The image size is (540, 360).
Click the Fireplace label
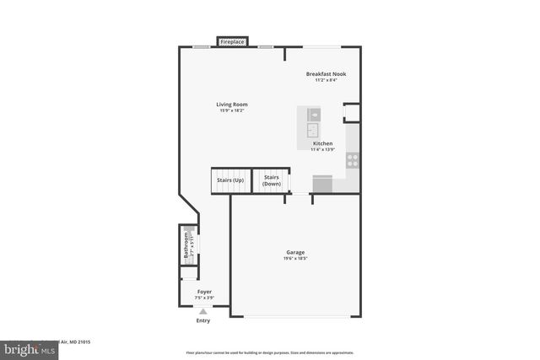(x=232, y=41)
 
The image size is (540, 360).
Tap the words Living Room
(x=232, y=105)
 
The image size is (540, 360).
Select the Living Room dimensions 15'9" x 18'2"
(x=232, y=110)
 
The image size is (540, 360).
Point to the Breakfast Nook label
(x=326, y=74)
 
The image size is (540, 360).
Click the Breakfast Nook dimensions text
(x=326, y=80)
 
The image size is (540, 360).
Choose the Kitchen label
(x=323, y=144)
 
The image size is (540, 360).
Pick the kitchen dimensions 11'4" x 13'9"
(x=323, y=150)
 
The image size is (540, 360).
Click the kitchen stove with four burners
(x=353, y=158)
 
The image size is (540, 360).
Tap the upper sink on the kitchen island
(x=314, y=113)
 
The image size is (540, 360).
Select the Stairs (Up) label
(x=230, y=180)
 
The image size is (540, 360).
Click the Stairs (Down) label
(x=272, y=180)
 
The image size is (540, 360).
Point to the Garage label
(x=294, y=252)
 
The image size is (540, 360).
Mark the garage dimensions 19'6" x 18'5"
(x=294, y=258)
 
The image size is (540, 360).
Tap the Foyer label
(x=204, y=292)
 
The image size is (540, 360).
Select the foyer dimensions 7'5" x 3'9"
(x=204, y=298)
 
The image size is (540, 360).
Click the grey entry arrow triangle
(x=202, y=311)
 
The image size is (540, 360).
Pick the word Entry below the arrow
(x=203, y=320)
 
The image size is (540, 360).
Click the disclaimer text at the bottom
(x=269, y=352)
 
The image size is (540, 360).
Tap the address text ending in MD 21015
(x=76, y=341)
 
